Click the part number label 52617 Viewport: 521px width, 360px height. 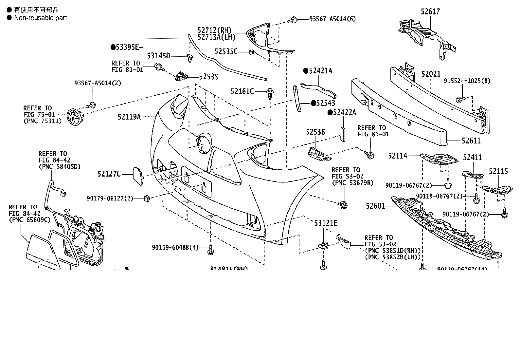(x=430, y=11)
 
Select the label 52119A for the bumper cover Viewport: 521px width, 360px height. (x=129, y=116)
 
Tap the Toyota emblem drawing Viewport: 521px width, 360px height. (x=74, y=116)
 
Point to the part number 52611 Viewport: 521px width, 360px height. (x=471, y=141)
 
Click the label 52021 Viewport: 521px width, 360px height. (x=431, y=74)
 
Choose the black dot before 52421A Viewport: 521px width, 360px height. (x=306, y=71)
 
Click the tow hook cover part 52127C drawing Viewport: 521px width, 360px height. (x=137, y=176)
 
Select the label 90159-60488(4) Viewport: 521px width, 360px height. (x=175, y=247)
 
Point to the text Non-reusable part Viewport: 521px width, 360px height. (x=40, y=18)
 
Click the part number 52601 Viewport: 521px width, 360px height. (x=375, y=206)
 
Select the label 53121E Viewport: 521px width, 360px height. (x=326, y=223)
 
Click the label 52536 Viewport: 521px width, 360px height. (x=315, y=132)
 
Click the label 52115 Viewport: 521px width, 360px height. (x=498, y=171)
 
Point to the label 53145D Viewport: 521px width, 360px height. (x=158, y=56)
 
